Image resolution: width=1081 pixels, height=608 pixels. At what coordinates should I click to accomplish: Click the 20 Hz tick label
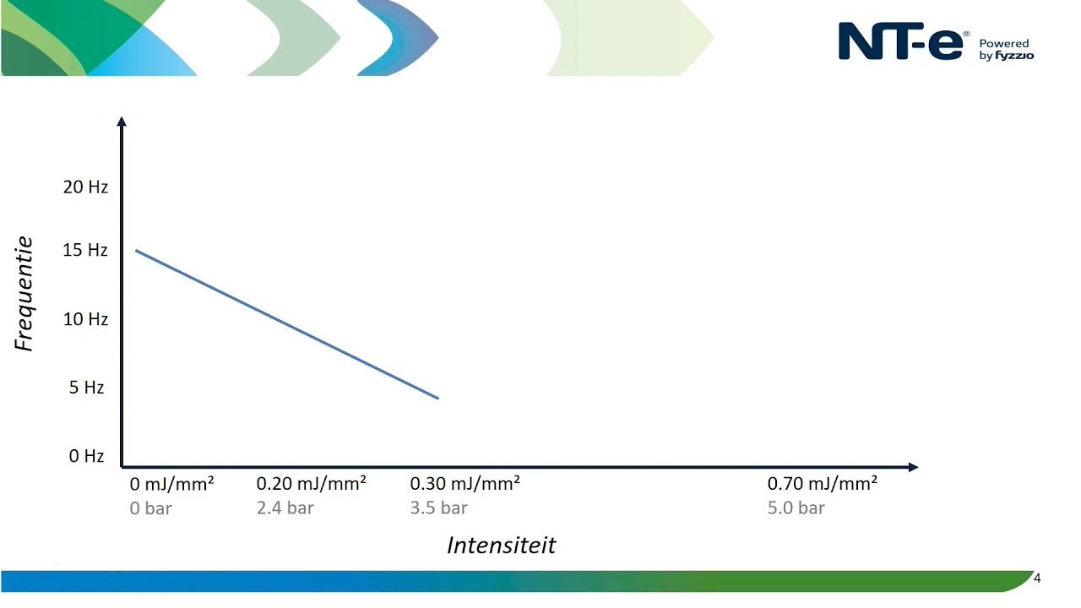tap(85, 187)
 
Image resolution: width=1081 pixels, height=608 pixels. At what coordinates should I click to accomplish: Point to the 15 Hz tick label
tap(85, 250)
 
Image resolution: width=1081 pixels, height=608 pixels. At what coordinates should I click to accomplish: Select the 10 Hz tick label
tap(85, 319)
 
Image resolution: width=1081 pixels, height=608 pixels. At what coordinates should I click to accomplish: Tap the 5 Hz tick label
tap(86, 388)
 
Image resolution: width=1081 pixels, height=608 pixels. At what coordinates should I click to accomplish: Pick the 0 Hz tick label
tap(86, 456)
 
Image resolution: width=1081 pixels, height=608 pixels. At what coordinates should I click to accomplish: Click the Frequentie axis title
tap(24, 294)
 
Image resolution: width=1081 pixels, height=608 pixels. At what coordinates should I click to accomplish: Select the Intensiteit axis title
tap(501, 546)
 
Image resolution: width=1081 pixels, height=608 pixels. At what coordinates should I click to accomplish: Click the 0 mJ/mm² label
tap(171, 484)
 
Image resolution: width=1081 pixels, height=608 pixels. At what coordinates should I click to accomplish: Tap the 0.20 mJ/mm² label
tap(311, 484)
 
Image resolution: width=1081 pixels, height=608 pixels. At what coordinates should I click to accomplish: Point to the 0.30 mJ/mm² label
tap(464, 484)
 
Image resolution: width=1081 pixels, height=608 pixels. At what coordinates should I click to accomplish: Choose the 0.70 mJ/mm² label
tap(822, 484)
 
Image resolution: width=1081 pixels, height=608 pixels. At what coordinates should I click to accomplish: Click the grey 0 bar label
tap(150, 508)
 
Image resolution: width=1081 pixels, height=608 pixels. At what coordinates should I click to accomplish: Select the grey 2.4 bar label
tap(285, 508)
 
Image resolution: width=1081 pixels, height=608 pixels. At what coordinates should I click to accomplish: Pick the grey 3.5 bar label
tap(438, 508)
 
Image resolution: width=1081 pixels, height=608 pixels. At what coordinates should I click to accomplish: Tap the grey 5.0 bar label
tap(796, 508)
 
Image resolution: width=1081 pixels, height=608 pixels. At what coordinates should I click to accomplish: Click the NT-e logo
tap(900, 42)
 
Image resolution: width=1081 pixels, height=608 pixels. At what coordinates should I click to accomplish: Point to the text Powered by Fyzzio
tap(1006, 50)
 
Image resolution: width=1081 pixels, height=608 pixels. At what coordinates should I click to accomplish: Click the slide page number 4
tap(1037, 578)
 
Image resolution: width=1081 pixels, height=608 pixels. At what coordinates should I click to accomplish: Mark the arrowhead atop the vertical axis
tap(122, 122)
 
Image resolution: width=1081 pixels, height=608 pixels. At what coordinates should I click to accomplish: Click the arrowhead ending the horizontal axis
tap(913, 467)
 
